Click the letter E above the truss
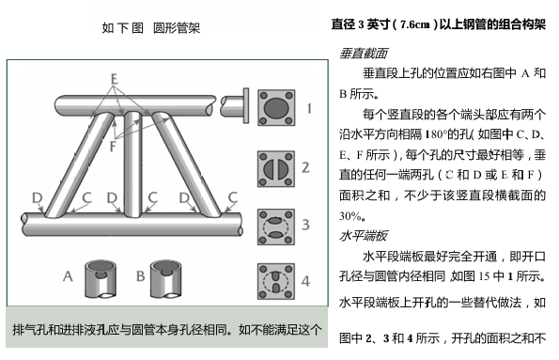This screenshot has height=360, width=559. click(x=114, y=79)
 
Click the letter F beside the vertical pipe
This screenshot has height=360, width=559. click(x=113, y=146)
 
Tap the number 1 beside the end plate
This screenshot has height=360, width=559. click(x=309, y=108)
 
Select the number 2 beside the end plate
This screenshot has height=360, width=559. click(x=305, y=167)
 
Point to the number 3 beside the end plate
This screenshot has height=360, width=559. click(x=305, y=225)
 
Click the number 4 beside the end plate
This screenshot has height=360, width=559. click(x=305, y=281)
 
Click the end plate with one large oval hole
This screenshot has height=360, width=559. click(x=276, y=108)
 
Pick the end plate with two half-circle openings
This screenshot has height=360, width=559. click(x=276, y=169)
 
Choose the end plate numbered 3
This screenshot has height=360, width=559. click(x=276, y=227)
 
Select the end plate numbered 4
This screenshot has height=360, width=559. click(x=276, y=281)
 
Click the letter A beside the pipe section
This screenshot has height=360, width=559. click(x=68, y=276)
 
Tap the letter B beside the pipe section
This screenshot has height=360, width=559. click(x=141, y=276)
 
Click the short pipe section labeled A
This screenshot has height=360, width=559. click(x=101, y=279)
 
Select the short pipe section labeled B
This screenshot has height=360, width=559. click(x=166, y=279)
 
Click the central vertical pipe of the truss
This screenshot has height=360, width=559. click(x=133, y=164)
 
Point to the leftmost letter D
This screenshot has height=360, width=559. click(x=37, y=197)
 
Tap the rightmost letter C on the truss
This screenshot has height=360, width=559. click(x=232, y=197)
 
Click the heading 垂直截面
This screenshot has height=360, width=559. click(x=364, y=54)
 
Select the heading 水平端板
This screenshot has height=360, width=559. click(x=364, y=236)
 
